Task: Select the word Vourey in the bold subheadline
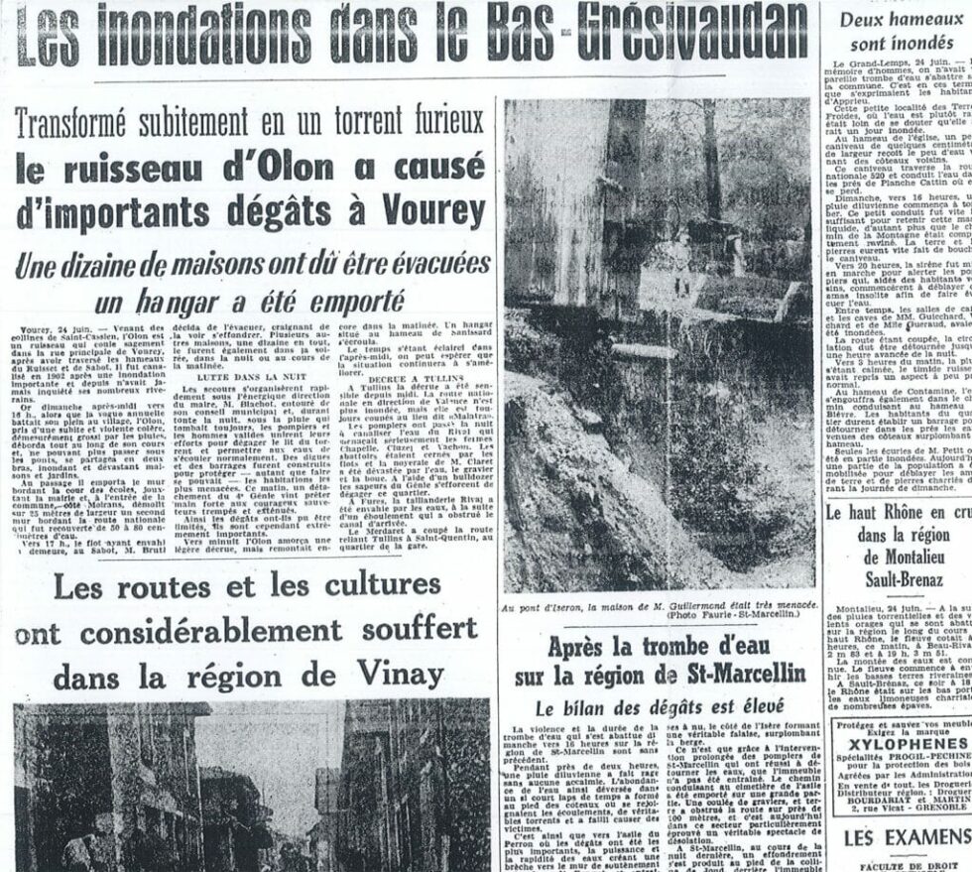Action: click(428, 211)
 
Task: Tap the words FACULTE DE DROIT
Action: click(903, 865)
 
